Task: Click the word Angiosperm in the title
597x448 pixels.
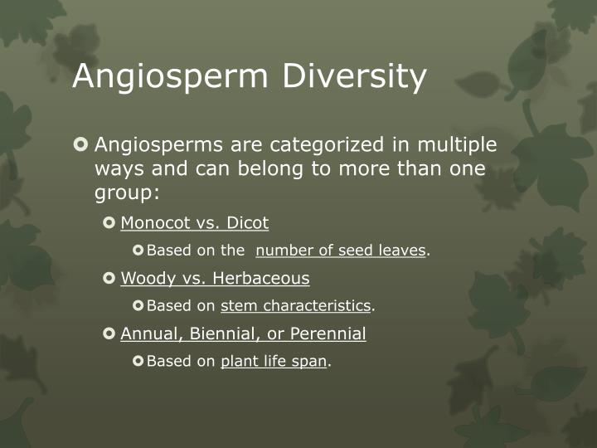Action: tap(172, 77)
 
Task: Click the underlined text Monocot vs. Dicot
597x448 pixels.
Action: tap(195, 223)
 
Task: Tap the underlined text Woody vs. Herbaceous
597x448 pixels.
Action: tap(215, 278)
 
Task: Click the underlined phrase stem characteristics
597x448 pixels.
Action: tap(295, 306)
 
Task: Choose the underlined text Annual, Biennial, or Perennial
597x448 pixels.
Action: tap(243, 334)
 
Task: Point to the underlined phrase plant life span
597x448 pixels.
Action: tap(274, 362)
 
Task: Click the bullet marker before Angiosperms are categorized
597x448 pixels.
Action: tap(80, 145)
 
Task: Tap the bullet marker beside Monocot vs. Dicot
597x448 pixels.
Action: tap(109, 223)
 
